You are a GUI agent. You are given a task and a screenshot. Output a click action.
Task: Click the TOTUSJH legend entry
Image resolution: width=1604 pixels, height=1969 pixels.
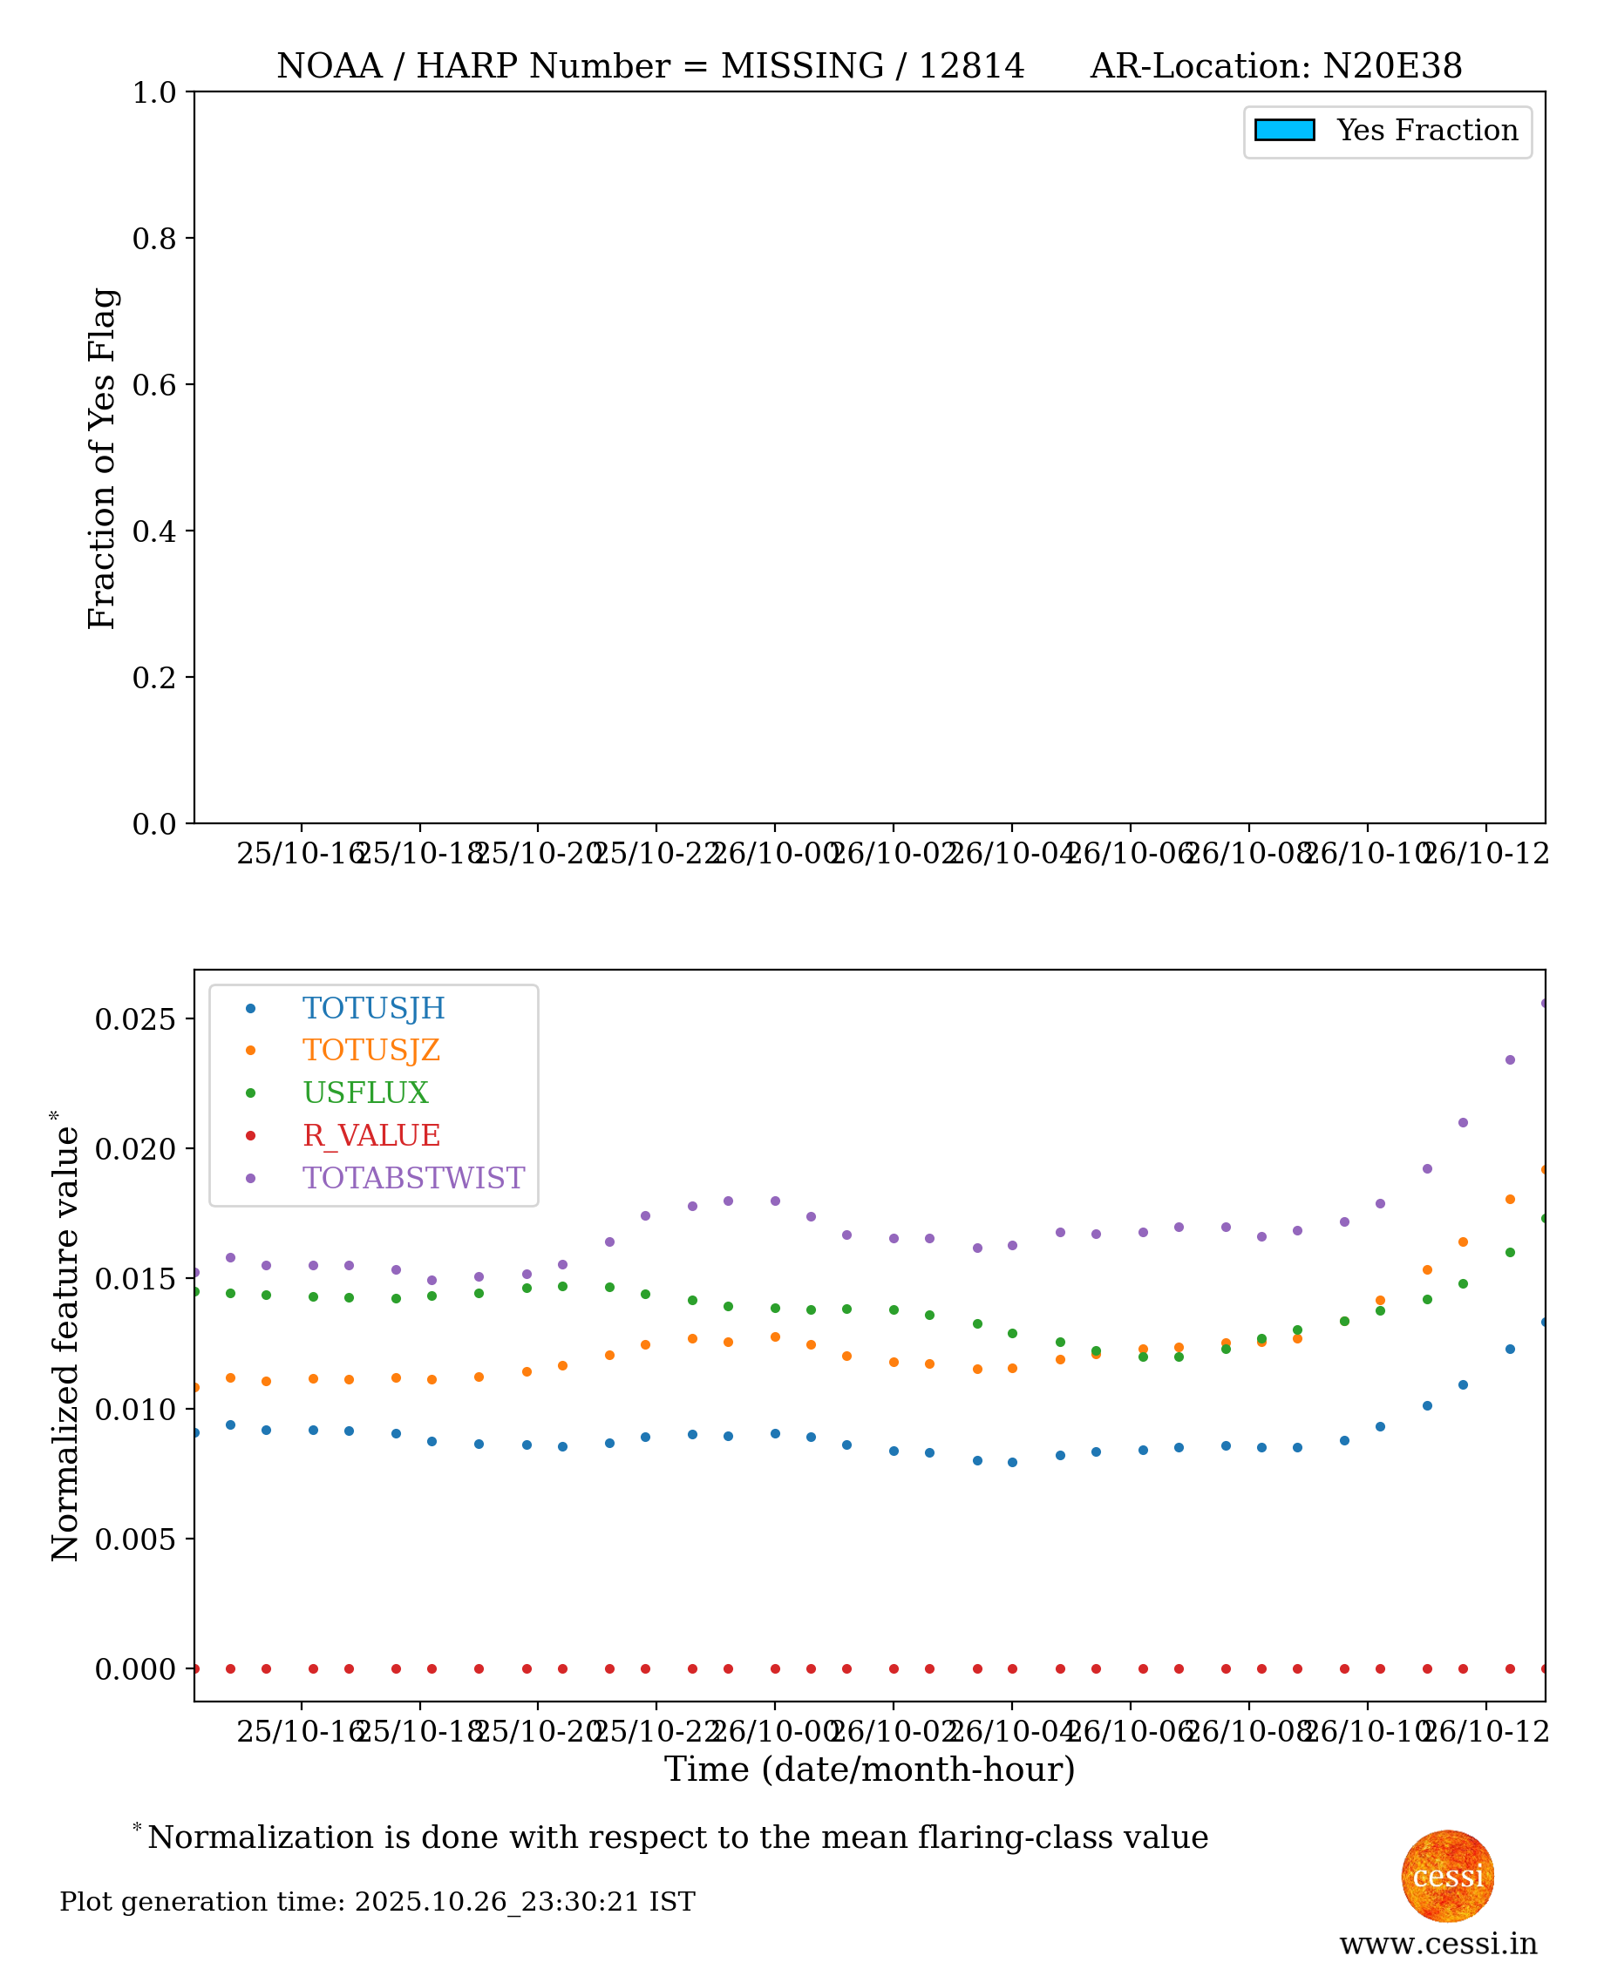tap(373, 1008)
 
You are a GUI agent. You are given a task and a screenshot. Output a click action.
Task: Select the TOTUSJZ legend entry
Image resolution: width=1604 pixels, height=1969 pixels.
tap(370, 1050)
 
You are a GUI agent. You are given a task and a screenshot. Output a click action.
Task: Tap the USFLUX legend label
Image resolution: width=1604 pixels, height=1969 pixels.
tap(365, 1093)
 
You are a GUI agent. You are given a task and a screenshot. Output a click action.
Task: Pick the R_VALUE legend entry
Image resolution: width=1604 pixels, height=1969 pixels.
tap(370, 1135)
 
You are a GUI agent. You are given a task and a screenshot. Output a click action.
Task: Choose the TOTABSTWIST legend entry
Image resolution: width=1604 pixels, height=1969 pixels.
tap(413, 1178)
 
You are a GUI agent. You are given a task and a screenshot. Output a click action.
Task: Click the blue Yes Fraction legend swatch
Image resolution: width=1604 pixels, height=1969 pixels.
tap(1284, 130)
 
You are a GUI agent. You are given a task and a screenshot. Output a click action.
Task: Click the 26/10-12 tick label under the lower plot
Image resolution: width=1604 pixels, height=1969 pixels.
tap(1485, 1732)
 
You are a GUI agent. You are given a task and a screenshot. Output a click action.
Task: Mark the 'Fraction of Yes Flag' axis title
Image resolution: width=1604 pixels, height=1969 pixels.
tap(103, 458)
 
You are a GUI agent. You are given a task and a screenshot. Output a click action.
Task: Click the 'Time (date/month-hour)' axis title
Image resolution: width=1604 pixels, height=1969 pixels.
tap(869, 1769)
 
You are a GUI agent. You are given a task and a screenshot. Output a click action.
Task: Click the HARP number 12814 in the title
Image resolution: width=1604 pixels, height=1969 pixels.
tap(971, 66)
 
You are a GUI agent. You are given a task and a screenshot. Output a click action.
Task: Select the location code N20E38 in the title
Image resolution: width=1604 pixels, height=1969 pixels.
tap(1392, 66)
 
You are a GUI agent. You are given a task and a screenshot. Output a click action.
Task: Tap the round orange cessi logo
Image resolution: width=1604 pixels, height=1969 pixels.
tap(1447, 1877)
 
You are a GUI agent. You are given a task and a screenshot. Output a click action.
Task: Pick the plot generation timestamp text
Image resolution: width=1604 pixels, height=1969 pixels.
tap(377, 1902)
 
